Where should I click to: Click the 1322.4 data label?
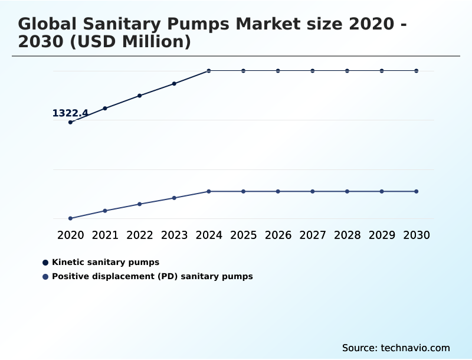pos(70,113)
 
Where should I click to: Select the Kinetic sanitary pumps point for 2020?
pos(70,122)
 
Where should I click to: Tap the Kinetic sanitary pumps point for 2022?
pos(140,96)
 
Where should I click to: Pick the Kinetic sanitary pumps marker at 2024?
pos(209,71)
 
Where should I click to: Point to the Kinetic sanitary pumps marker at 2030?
pos(417,71)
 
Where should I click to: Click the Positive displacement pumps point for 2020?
pos(70,218)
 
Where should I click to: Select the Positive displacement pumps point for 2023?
pos(174,198)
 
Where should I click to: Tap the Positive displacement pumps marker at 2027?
pos(313,191)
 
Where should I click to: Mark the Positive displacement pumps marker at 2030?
pos(417,191)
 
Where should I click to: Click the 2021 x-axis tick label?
pos(105,235)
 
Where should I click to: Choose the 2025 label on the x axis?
pos(243,235)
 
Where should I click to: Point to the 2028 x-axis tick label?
pos(347,235)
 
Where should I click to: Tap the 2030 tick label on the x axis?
pos(417,235)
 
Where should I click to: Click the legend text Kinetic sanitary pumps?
pos(106,262)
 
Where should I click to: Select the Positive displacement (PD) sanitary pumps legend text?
pos(152,276)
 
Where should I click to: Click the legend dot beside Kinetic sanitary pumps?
pos(45,262)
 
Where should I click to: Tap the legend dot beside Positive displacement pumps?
pos(45,276)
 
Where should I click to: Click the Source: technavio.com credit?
pos(396,348)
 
